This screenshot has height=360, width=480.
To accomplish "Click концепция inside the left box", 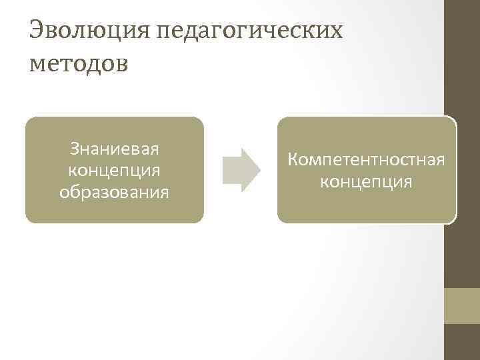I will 115,169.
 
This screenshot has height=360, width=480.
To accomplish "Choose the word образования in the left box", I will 115,192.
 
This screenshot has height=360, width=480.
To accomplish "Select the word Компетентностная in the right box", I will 366,159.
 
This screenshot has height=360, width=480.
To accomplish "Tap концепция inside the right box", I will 366,181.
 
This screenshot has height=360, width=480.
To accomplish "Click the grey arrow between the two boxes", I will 241,170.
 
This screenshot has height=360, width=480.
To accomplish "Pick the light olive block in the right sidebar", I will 462,305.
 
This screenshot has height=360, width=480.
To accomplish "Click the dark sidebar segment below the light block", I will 462,341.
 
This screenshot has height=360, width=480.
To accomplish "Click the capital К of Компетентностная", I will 293,159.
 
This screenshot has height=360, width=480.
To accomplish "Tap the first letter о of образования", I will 65,193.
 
